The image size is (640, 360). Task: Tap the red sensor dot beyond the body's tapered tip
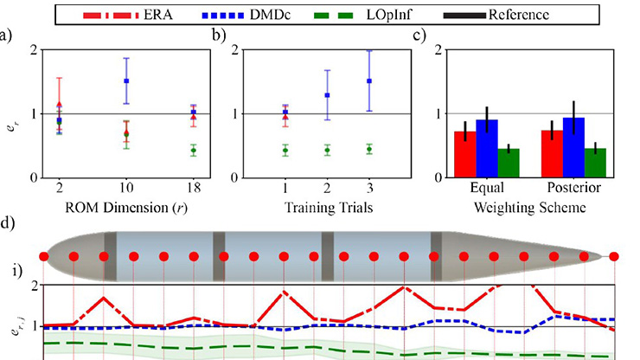pos(614,256)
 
